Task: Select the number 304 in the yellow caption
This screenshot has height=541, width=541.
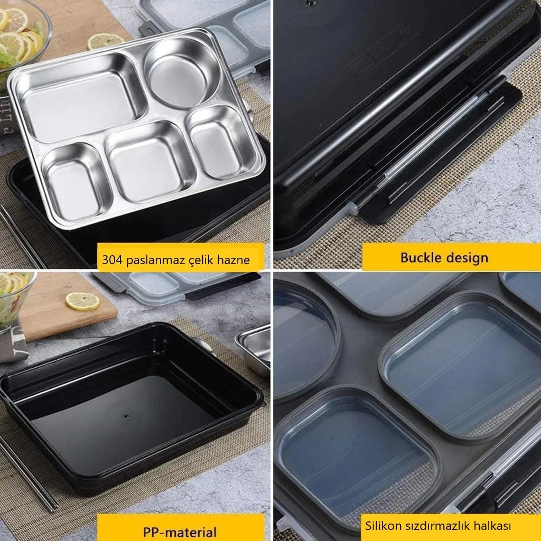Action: coord(112,259)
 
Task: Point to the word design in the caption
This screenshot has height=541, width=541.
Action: coord(467,258)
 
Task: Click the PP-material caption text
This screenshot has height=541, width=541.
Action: coord(180,531)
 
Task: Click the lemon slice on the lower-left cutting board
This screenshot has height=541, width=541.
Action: coord(82,301)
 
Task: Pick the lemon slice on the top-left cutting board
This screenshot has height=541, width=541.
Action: coord(105,41)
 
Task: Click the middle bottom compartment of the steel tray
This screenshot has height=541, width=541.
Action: coord(150,162)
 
